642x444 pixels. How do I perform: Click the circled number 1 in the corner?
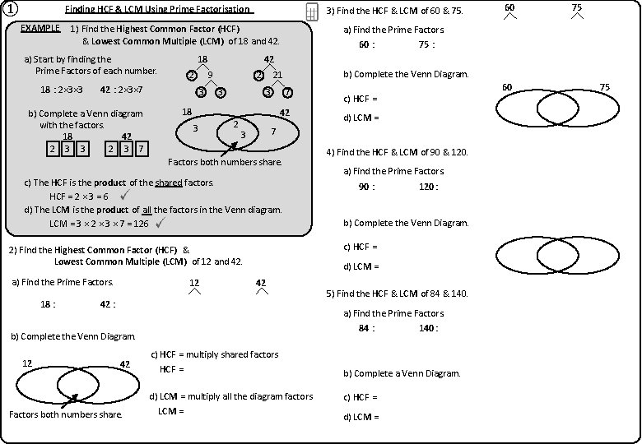[10, 10]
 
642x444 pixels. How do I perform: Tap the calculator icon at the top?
[312, 12]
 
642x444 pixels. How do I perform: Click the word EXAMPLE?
[40, 28]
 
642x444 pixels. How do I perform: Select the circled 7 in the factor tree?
[286, 92]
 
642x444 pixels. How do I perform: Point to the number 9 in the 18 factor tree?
[210, 75]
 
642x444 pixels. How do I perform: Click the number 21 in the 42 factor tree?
[277, 75]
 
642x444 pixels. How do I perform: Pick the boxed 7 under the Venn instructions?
[142, 149]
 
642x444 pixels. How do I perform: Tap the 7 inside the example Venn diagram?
[272, 131]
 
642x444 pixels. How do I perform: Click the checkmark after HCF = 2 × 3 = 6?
[123, 196]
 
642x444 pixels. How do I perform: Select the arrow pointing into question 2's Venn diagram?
[71, 399]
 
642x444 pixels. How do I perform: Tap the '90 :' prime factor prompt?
[366, 187]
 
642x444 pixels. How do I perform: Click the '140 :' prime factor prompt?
[428, 328]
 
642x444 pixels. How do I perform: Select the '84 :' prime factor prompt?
[366, 328]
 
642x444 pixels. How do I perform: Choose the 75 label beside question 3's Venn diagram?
[604, 86]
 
